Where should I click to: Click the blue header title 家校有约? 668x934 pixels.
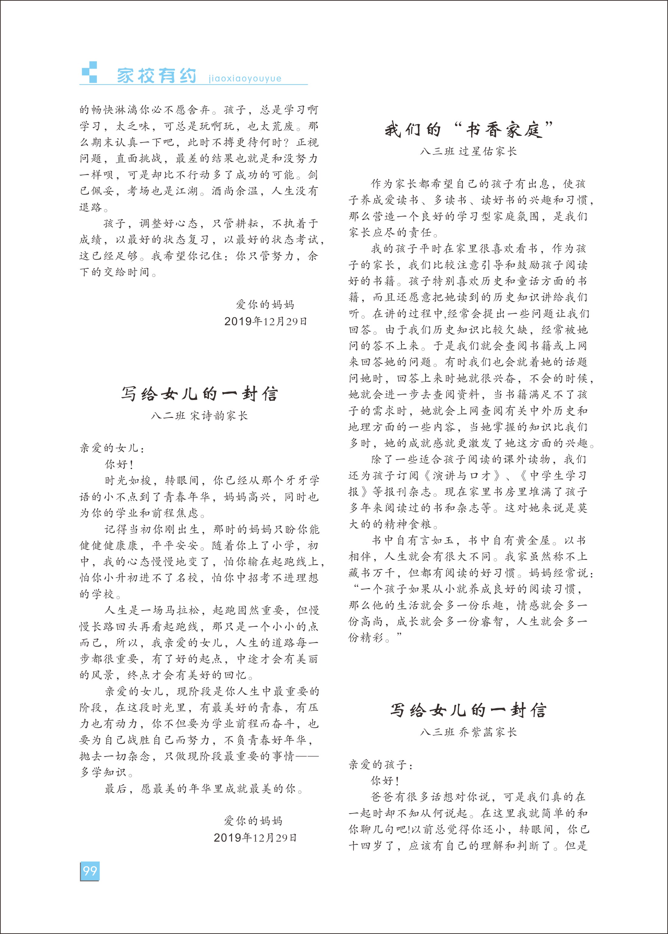point(156,76)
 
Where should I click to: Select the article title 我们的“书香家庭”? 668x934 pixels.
point(469,130)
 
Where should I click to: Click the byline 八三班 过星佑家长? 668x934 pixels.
point(468,151)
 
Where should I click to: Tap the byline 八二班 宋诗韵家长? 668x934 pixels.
point(200,415)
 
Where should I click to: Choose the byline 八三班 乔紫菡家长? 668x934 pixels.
point(468,732)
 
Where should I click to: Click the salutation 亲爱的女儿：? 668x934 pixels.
point(112,448)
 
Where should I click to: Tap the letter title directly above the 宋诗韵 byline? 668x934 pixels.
point(200,394)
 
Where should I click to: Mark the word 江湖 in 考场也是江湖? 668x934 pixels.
point(187,191)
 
